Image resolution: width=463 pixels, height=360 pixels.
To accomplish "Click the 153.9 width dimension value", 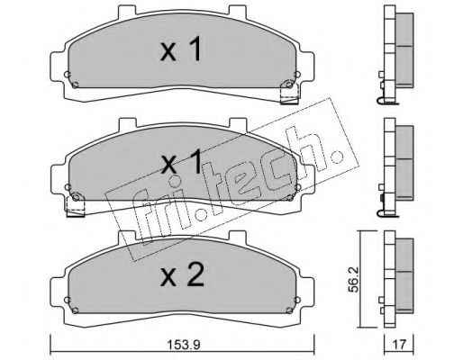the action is [183, 345].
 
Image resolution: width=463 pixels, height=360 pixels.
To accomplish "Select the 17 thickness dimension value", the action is [399, 345].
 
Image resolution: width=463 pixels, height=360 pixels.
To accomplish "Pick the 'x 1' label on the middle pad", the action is [181, 161].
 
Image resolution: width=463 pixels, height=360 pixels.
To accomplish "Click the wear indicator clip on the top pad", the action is [289, 92].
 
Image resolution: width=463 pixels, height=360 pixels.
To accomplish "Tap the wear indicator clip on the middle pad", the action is [76, 204].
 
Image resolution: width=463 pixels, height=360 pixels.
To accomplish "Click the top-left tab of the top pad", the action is [128, 11].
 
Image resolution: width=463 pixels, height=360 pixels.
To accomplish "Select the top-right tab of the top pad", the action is [238, 11].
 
